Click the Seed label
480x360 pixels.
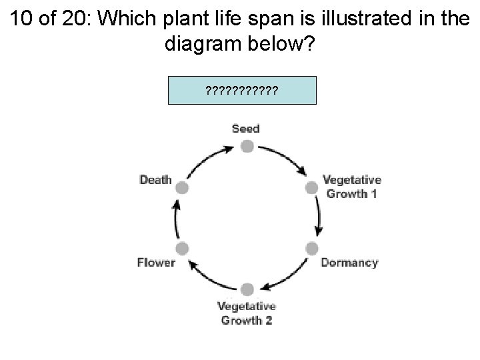245,128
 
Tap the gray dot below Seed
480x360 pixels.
246,146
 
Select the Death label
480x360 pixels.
155,179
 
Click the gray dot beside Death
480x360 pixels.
182,187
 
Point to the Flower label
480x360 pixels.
155,262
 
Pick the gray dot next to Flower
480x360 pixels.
182,249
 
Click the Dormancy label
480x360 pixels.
349,263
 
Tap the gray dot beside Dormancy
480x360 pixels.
311,249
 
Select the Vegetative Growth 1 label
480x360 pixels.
351,187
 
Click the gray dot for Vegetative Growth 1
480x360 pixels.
311,187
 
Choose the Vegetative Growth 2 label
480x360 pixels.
247,313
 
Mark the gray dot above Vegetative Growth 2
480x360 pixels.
247,289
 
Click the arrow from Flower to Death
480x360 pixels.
176,218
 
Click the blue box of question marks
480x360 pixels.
241,89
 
